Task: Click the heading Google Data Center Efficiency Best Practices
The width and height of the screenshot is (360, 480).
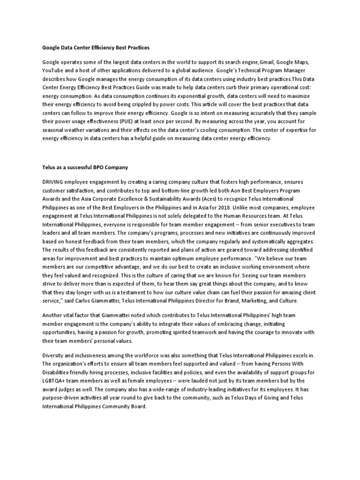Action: pos(96,47)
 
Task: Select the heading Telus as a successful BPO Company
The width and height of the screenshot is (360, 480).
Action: pos(85,167)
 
